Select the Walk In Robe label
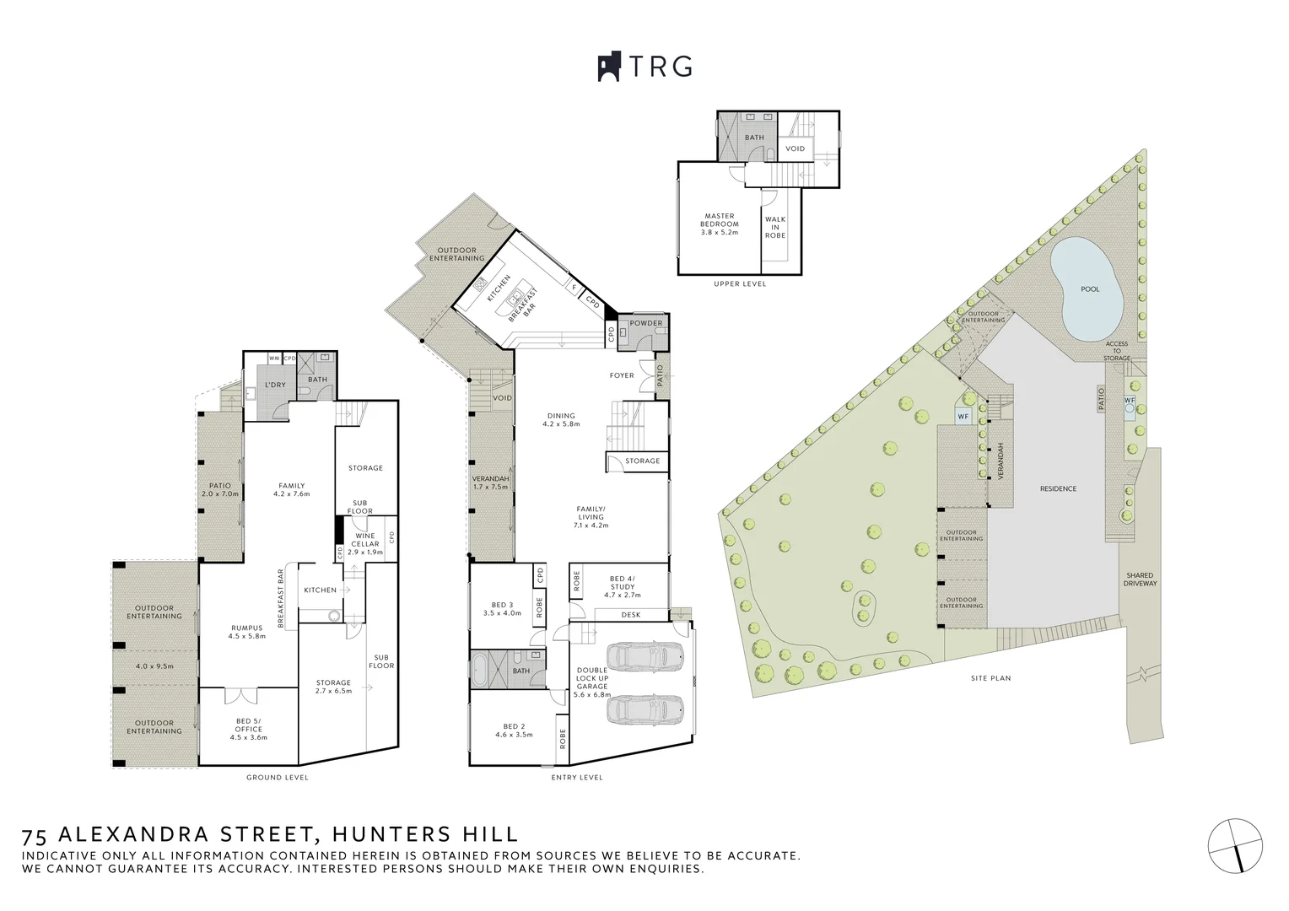coord(775,227)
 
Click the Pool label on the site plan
coord(1090,289)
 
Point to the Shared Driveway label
coord(1140,579)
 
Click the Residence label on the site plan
coord(1058,488)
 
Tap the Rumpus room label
coord(246,628)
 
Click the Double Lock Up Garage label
coord(592,682)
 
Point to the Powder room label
coord(646,323)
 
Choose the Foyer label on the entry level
coord(622,375)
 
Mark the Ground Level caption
coord(277,778)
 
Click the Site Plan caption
coord(990,678)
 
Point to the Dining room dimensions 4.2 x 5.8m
coord(561,424)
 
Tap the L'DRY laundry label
coord(275,385)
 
